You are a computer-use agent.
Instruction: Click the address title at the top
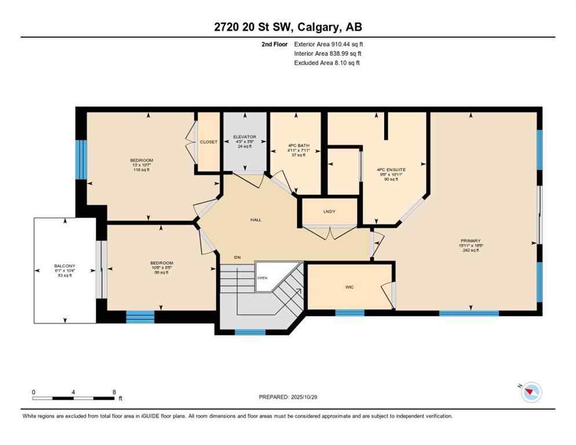pyautogui.click(x=288, y=27)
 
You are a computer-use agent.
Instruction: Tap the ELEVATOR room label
pyautogui.click(x=245, y=137)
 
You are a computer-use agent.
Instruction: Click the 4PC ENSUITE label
pyautogui.click(x=392, y=170)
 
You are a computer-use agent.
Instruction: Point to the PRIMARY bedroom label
pyautogui.click(x=471, y=240)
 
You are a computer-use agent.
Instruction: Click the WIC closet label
pyautogui.click(x=349, y=286)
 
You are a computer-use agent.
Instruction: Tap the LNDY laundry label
pyautogui.click(x=329, y=211)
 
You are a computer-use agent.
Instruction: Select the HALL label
pyautogui.click(x=256, y=220)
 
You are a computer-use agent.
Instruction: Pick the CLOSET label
pyautogui.click(x=209, y=142)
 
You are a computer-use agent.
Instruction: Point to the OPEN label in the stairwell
pyautogui.click(x=263, y=278)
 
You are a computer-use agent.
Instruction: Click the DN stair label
pyautogui.click(x=237, y=257)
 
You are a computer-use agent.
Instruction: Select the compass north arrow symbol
pyautogui.click(x=531, y=392)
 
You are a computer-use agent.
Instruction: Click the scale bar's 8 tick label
pyautogui.click(x=114, y=392)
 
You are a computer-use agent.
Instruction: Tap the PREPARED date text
pyautogui.click(x=288, y=397)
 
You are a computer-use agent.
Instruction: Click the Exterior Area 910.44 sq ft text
pyautogui.click(x=329, y=44)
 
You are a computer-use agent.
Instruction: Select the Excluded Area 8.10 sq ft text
pyautogui.click(x=327, y=63)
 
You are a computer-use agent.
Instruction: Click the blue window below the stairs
pyautogui.click(x=250, y=332)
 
